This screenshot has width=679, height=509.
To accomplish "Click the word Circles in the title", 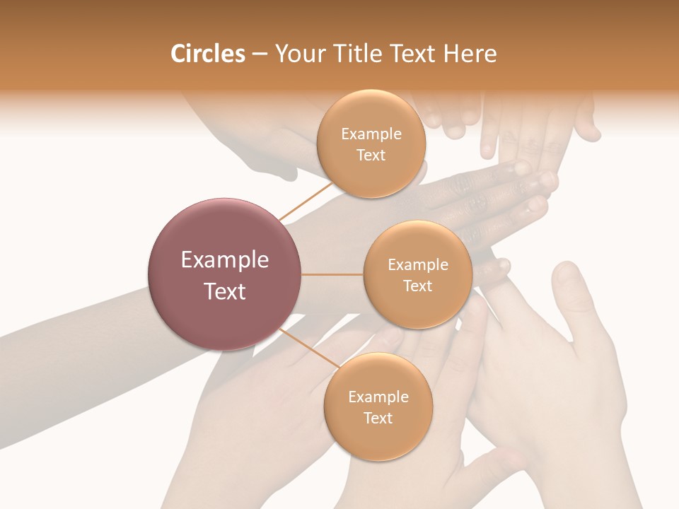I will [x=207, y=54].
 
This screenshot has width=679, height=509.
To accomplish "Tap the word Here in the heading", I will [x=471, y=54].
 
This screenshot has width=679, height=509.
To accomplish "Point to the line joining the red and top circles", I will [x=306, y=200].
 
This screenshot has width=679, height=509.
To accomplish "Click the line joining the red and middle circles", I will [x=332, y=274].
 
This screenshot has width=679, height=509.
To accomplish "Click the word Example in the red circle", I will [x=225, y=260].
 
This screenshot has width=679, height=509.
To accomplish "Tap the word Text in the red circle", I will [x=225, y=291].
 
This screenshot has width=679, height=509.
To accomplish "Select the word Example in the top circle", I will [x=371, y=134].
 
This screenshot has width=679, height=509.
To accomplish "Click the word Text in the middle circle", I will [x=417, y=286].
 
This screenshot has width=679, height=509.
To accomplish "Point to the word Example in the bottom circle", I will [x=378, y=397].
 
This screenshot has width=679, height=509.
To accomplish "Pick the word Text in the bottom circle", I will [x=378, y=419].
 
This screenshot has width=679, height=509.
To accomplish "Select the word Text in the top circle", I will [x=371, y=156].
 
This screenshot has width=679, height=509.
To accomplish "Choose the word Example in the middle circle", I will [x=417, y=265].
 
